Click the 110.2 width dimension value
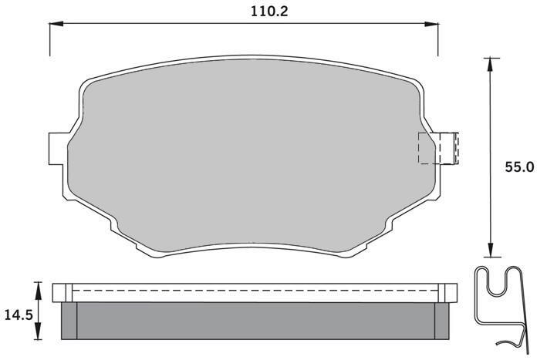269,12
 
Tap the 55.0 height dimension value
519,167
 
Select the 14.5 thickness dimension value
19,315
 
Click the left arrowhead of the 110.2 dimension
56,24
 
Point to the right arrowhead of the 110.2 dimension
431,24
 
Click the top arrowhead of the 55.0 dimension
491,65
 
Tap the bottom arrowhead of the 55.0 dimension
491,250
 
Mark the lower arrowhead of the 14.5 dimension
38,331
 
